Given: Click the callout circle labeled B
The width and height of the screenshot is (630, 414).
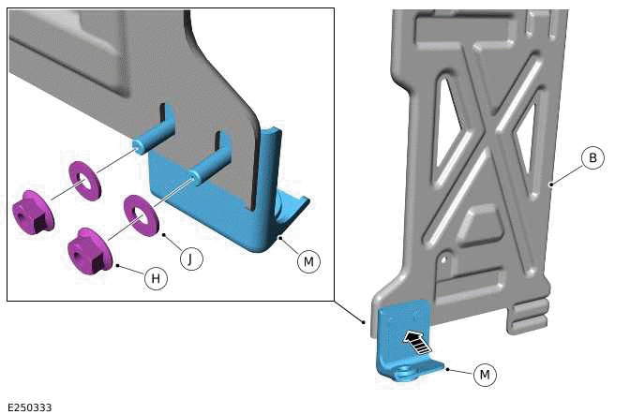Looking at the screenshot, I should [592, 158].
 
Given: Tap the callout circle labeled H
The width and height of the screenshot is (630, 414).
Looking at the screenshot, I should [156, 278].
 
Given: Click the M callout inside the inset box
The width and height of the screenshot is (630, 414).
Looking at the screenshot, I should [307, 262].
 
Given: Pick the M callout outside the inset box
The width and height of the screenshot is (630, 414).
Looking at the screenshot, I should [485, 375].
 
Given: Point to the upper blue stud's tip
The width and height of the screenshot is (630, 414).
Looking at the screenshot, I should [140, 144].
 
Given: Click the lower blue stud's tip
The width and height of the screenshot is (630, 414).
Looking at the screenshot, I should [196, 174].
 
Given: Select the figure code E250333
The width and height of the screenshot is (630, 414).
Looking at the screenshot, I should [30, 407].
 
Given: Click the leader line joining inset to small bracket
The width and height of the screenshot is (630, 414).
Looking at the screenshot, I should [350, 312].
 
